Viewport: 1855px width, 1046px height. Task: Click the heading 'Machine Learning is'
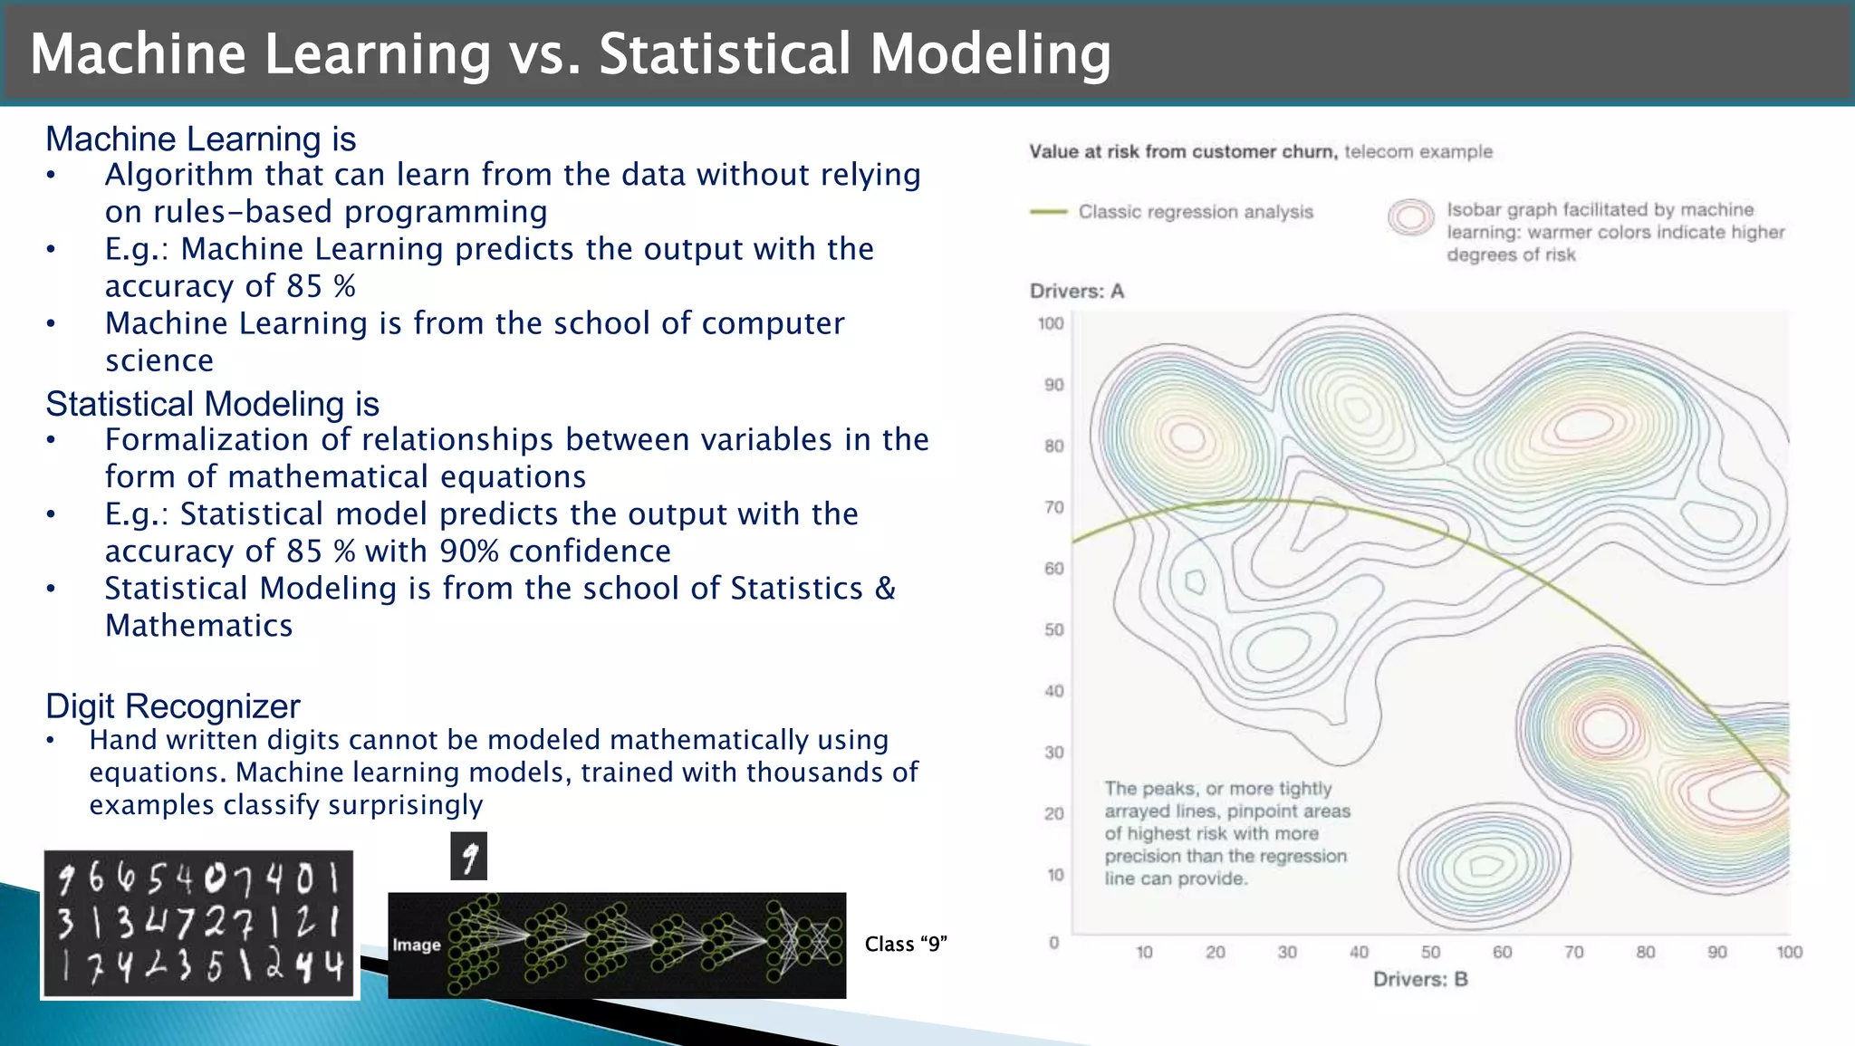200,139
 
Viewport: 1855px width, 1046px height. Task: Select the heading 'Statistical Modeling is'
212,404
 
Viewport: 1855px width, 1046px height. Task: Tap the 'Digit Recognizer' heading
172,706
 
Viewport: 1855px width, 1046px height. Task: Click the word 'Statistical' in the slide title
725,53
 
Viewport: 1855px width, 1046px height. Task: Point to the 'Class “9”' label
905,945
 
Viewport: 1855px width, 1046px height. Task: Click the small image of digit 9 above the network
468,857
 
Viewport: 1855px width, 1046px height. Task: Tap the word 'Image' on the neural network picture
417,945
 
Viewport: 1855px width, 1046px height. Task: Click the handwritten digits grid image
199,925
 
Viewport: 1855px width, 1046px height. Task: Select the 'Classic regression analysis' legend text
1195,212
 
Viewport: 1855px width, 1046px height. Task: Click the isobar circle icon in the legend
1410,217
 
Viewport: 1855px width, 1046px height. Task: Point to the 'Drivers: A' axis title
1076,292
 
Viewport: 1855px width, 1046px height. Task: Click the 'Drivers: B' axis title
1419,979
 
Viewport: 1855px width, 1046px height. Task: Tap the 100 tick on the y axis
1051,323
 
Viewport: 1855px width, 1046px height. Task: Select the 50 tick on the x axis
1430,953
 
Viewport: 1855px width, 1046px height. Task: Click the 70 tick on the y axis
1053,507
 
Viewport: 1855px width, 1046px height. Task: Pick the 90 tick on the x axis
1716,953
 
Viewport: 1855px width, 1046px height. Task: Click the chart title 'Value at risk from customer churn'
1182,152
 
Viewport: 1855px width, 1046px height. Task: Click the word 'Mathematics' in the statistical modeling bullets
198,626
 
